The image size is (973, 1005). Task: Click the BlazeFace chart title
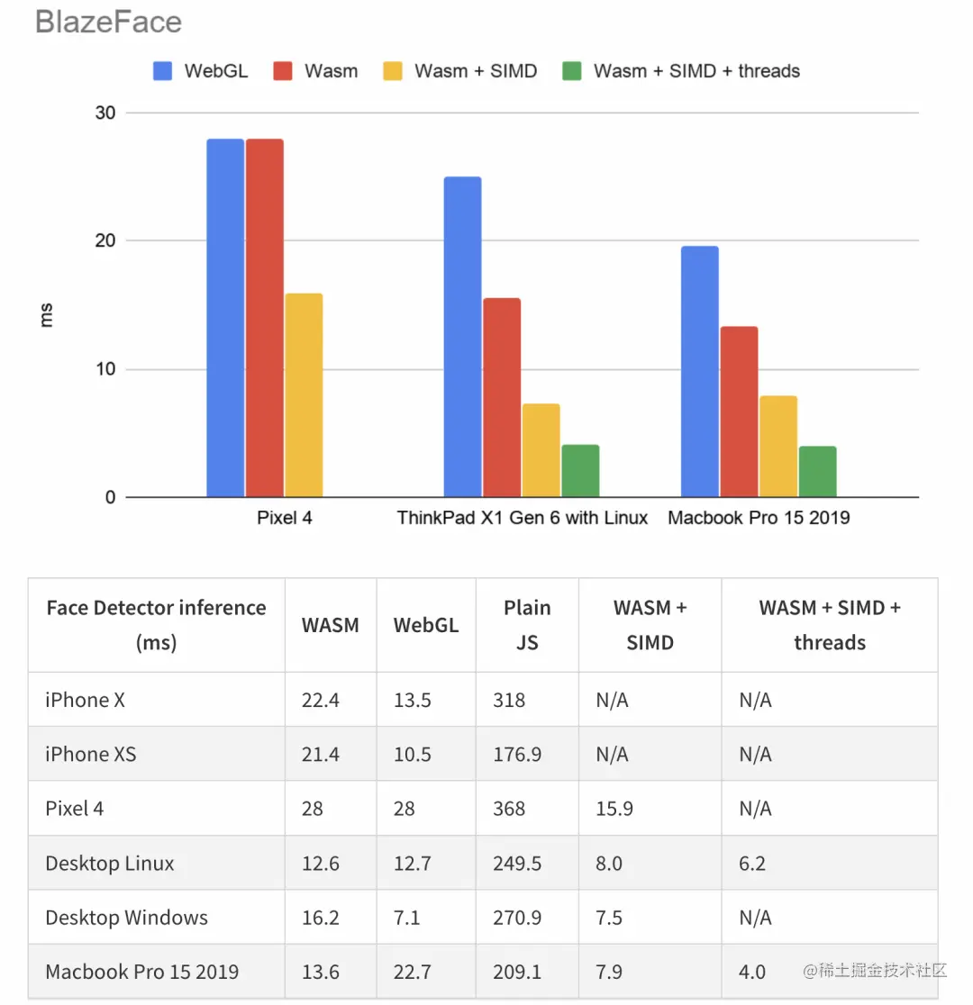[x=108, y=22]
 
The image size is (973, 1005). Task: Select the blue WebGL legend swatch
[x=163, y=71]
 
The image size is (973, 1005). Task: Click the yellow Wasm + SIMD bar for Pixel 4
[x=304, y=394]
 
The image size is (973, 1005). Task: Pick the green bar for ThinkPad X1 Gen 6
[x=580, y=470]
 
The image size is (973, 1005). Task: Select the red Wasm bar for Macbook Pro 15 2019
[x=739, y=411]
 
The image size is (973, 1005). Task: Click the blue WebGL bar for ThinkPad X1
[x=462, y=336]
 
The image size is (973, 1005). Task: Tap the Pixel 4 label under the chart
[x=285, y=518]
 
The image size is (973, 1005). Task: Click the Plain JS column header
[x=527, y=625]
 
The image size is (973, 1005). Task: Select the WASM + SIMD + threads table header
[x=829, y=625]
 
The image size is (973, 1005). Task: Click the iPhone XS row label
[x=91, y=754]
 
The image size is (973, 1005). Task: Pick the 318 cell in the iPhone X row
[x=509, y=700]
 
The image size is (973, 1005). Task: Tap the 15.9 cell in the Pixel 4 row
[x=614, y=809]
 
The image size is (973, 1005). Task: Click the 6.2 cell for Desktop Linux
[x=752, y=864]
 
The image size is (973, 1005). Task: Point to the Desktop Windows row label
[x=126, y=918]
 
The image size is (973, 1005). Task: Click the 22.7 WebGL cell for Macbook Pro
[x=413, y=972]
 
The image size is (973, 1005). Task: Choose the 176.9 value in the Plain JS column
[x=517, y=754]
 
